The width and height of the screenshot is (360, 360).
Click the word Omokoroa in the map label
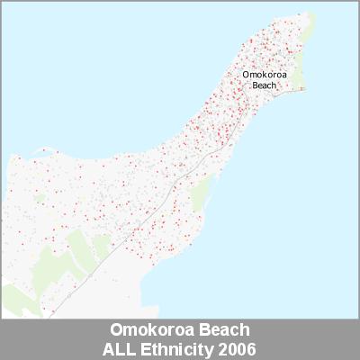(264, 76)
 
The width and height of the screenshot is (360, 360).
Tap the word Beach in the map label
(264, 86)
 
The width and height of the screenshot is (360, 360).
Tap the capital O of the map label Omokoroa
(247, 76)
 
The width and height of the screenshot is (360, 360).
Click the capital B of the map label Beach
(255, 86)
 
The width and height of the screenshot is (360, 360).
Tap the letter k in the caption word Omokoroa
(145, 328)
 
